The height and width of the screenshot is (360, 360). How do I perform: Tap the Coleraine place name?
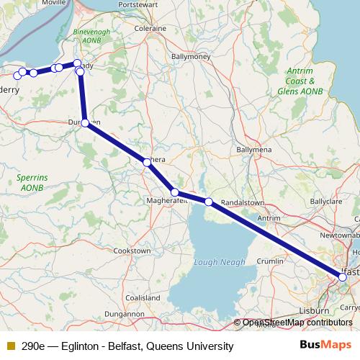point(150,28)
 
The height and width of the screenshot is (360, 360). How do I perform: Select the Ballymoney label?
point(189,55)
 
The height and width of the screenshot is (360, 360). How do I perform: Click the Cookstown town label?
point(132,251)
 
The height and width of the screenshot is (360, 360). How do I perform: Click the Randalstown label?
point(244,203)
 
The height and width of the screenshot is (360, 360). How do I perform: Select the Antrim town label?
point(269,217)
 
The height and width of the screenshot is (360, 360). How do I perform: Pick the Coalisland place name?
point(143,297)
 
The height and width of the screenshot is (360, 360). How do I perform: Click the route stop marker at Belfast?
point(342,276)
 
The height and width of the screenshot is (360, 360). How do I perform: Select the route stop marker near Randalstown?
point(209,202)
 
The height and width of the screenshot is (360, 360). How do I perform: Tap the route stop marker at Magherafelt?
point(175,192)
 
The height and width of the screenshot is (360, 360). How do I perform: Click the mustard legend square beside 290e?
point(10,346)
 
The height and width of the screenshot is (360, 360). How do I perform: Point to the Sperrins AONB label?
point(32,181)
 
